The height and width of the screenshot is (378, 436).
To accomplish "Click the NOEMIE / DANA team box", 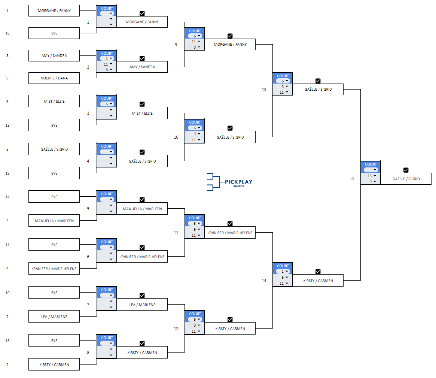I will tap(54, 78).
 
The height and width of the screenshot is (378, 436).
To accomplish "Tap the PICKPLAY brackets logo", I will tap(229, 182).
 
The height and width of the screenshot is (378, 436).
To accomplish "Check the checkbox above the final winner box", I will tap(406, 170).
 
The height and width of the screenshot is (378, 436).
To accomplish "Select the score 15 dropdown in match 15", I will tap(371, 176).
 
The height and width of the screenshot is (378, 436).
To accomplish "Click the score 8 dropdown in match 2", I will tap(107, 70).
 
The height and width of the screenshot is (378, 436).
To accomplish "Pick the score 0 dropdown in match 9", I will tap(195, 47).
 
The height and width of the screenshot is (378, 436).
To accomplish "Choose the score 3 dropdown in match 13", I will tap(283, 87).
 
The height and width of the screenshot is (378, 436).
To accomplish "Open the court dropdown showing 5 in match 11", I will tap(195, 224).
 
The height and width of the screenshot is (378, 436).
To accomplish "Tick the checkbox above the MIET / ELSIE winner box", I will tap(142, 104).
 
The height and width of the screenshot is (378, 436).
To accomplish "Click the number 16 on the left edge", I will tap(7, 33).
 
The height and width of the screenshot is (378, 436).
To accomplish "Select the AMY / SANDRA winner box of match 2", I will tap(142, 67).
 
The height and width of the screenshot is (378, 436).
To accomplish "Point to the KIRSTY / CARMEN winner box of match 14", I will tap(318, 281).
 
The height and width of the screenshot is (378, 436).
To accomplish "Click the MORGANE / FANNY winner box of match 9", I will tap(230, 45).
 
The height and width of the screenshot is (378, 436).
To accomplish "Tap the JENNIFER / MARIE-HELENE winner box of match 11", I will tap(230, 233).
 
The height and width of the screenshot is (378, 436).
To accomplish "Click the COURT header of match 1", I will tap(107, 8).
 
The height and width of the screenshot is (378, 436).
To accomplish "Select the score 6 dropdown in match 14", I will tap(283, 278).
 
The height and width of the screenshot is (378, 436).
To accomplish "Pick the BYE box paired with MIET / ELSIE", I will tap(54, 125).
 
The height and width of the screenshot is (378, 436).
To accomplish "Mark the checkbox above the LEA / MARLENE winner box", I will tap(142, 296).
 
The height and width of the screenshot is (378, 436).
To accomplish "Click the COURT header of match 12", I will tap(195, 314).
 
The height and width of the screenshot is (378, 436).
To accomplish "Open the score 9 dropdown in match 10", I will tap(195, 134).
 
